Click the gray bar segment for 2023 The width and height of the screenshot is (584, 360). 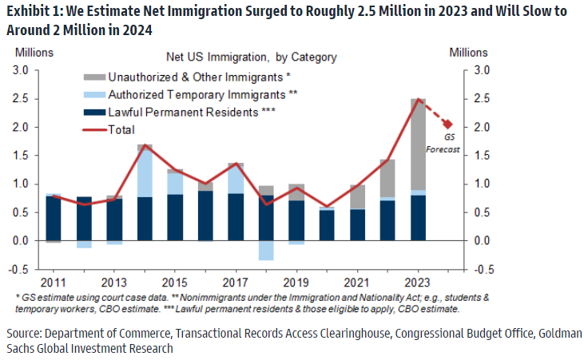point(418,144)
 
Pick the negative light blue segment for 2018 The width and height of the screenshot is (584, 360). point(266,250)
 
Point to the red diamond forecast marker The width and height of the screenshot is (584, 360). point(448,124)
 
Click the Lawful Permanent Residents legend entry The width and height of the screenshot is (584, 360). point(191,112)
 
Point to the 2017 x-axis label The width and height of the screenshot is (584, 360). point(236,282)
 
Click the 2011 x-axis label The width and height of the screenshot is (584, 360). point(54,282)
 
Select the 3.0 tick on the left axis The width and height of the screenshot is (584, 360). point(21,70)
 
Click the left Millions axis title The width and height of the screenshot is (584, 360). point(33,53)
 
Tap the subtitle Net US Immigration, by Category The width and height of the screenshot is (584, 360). point(251,57)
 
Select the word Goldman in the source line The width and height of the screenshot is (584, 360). point(560,332)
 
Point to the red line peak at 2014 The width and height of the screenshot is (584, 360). point(145,146)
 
